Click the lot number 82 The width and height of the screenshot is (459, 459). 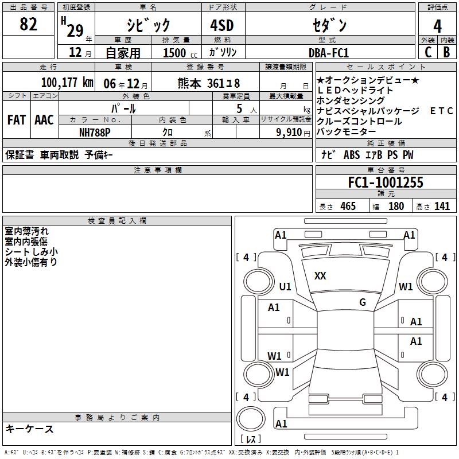(x=29, y=25)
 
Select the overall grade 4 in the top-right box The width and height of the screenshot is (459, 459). (x=437, y=26)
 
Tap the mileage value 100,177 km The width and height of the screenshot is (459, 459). (x=67, y=82)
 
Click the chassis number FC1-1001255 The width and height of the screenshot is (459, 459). (x=386, y=182)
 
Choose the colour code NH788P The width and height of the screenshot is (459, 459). (x=96, y=132)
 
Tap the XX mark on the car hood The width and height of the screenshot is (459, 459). (x=320, y=276)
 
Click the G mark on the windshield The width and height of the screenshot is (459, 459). (x=363, y=302)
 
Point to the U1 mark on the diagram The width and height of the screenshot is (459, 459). (x=285, y=287)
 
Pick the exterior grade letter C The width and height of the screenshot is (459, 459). (x=427, y=52)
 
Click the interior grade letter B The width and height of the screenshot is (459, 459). (x=446, y=52)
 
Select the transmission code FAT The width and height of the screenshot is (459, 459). (x=17, y=120)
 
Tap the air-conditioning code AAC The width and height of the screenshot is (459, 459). (x=44, y=120)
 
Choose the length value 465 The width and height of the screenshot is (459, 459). (x=348, y=207)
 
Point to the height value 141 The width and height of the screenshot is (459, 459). (x=442, y=207)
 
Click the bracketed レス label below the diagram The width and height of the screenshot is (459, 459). (x=251, y=439)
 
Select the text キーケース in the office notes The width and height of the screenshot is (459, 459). (x=30, y=429)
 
